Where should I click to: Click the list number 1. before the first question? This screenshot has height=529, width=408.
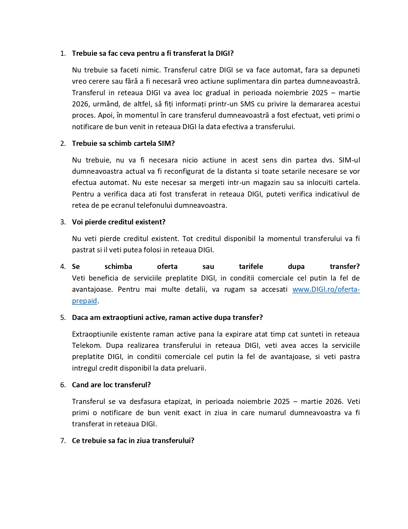point(63,54)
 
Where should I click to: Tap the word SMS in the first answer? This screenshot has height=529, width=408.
point(247,104)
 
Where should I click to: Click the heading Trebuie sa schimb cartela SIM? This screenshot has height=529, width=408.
point(123,143)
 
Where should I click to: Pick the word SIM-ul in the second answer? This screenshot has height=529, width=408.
point(349,160)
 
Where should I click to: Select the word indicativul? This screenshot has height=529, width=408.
point(331,194)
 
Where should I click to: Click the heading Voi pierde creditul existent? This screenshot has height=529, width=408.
point(118,222)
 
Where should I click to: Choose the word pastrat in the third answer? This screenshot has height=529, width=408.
point(83,250)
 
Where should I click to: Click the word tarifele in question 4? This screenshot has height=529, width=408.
point(251,266)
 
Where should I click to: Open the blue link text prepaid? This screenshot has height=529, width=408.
point(84,301)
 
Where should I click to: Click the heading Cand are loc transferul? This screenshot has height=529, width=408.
point(111,385)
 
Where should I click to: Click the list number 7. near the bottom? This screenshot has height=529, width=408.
point(63,441)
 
